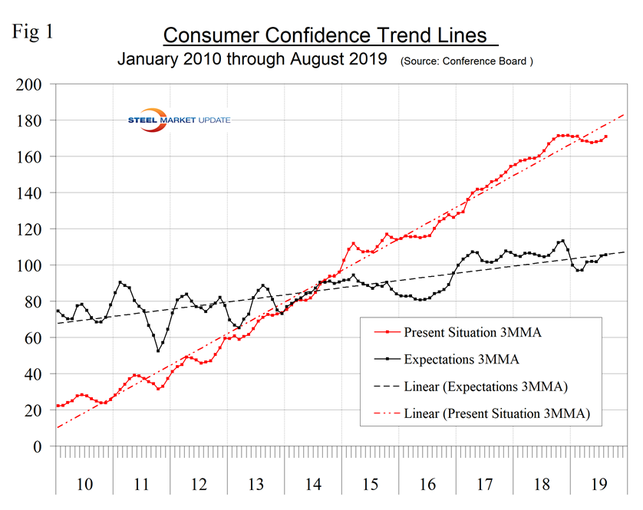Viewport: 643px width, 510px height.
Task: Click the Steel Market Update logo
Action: click(177, 120)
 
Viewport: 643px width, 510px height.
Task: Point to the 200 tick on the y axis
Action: click(31, 84)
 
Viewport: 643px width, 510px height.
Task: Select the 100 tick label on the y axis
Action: click(31, 265)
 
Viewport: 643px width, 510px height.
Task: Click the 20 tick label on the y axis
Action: click(35, 410)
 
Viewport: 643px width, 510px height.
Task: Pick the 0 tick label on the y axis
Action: click(39, 446)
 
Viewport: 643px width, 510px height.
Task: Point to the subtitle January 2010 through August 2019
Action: click(252, 59)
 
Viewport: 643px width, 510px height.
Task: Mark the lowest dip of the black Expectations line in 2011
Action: click(158, 350)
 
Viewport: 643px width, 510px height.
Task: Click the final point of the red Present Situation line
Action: click(606, 137)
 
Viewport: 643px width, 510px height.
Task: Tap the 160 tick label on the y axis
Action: click(31, 156)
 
